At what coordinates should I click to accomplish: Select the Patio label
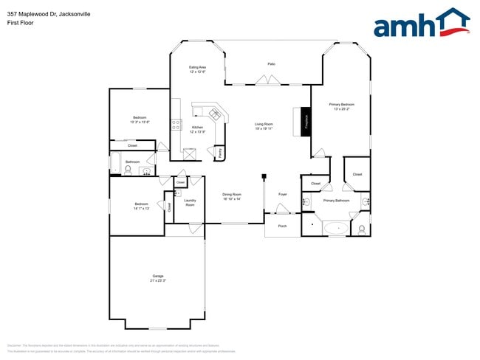(x=271, y=64)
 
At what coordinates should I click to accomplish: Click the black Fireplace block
(x=306, y=120)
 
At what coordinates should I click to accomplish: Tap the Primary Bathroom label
(x=336, y=201)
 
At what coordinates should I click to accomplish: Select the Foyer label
(x=282, y=194)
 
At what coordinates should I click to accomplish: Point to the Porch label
(x=282, y=226)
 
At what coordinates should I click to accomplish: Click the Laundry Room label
(x=190, y=202)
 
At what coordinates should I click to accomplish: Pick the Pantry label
(x=220, y=153)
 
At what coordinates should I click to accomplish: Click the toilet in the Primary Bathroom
(x=361, y=229)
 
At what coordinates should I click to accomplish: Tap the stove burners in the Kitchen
(x=176, y=125)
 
